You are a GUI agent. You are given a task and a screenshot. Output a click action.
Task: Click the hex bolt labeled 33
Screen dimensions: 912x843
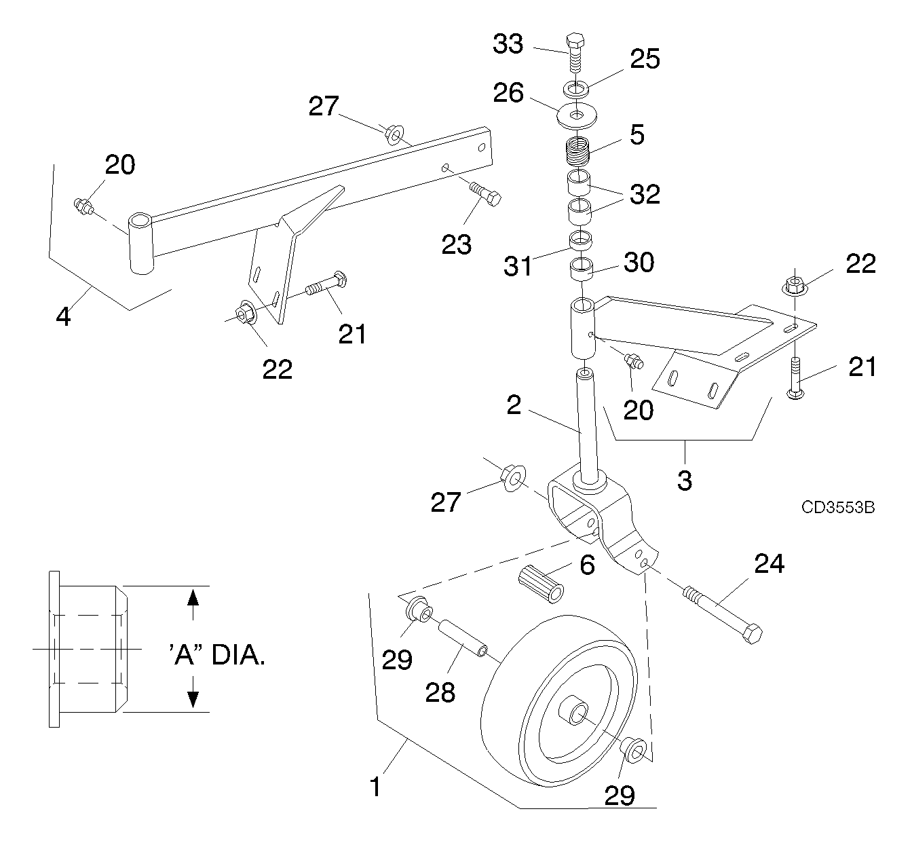(575, 53)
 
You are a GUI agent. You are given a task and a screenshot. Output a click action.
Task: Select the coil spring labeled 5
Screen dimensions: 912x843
(577, 151)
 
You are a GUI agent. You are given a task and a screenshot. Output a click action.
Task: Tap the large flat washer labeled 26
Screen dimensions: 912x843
(577, 115)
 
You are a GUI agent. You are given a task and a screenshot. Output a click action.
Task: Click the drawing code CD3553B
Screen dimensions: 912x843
(838, 508)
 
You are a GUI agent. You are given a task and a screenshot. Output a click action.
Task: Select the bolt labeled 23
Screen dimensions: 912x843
(485, 194)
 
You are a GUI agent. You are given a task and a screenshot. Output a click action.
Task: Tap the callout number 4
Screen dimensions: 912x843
(63, 316)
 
